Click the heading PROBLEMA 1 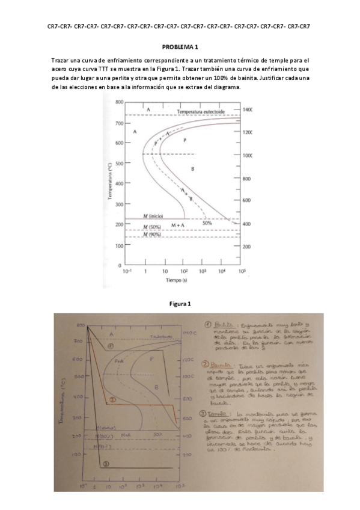[x=180, y=46]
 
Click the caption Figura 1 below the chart [x=180, y=304]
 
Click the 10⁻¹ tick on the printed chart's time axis [x=127, y=272]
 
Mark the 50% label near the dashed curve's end [x=207, y=223]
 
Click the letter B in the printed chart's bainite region [x=192, y=170]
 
